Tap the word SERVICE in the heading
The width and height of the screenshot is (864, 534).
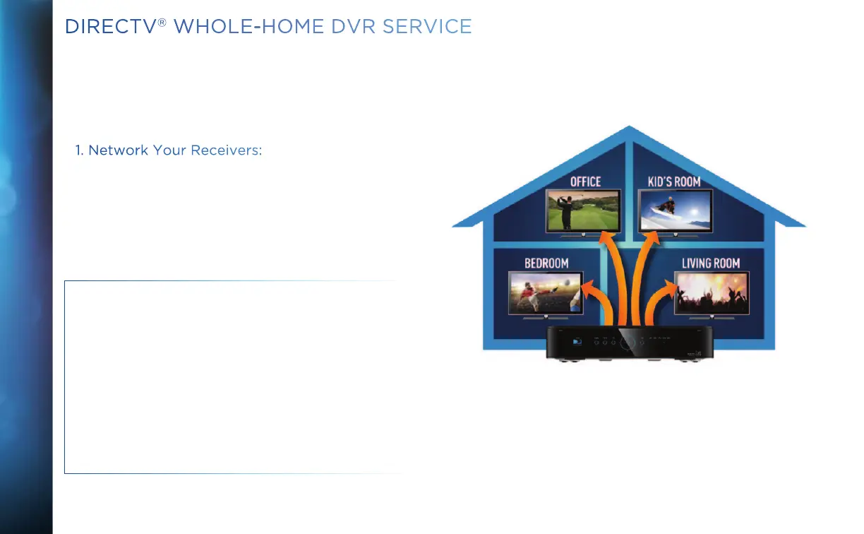click(x=427, y=27)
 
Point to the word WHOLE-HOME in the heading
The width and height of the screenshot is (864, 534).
click(x=248, y=27)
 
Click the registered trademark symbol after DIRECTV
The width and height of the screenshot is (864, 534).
click(x=162, y=23)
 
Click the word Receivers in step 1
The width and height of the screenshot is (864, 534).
click(x=227, y=150)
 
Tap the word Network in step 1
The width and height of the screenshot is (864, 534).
click(x=118, y=150)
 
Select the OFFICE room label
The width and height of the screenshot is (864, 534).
click(x=585, y=182)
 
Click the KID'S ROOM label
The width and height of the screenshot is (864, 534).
click(x=674, y=182)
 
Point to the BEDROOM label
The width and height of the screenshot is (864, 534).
click(x=546, y=263)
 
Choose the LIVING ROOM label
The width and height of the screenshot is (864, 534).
click(x=711, y=263)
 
